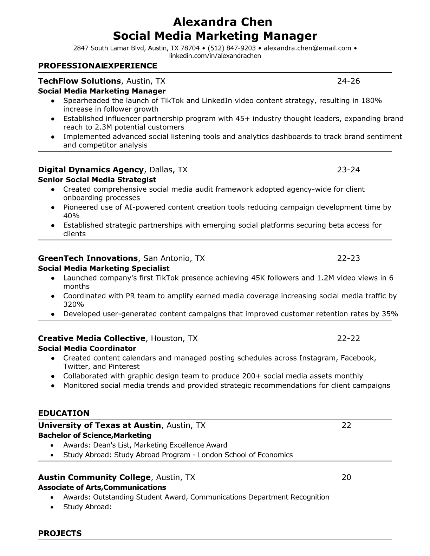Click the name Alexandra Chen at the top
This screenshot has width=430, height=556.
tap(223, 22)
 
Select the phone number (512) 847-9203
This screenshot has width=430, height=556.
tap(232, 48)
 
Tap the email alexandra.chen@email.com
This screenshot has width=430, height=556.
tap(307, 48)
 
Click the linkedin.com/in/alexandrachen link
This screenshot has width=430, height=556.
tap(215, 56)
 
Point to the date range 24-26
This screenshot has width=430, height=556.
tap(348, 81)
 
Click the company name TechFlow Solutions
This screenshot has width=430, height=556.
tap(79, 81)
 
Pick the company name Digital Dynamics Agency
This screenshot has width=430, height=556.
tap(91, 170)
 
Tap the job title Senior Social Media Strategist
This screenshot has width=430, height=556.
tap(97, 180)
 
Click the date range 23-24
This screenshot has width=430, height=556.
tap(348, 170)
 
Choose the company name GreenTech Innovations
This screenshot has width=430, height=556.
tap(88, 259)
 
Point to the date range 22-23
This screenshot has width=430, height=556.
tap(348, 259)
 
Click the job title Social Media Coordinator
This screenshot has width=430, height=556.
tap(87, 349)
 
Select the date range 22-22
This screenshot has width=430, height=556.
tap(348, 338)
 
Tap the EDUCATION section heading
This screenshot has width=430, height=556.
tap(64, 413)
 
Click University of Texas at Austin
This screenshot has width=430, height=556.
tap(99, 425)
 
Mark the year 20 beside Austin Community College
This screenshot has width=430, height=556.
tap(346, 477)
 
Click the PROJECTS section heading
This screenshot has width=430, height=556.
tap(60, 534)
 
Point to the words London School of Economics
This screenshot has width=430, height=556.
tap(245, 455)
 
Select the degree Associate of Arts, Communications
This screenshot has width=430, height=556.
tap(102, 488)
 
